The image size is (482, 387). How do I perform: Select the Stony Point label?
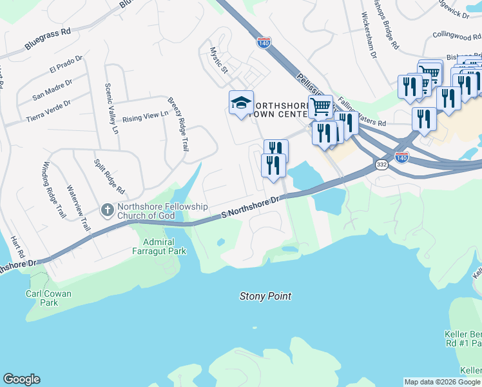[265, 297]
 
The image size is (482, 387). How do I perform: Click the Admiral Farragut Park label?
[159, 246]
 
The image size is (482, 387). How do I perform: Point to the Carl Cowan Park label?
[48, 298]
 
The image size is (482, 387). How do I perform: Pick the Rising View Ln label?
[145, 117]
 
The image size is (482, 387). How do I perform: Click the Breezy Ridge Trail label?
[178, 124]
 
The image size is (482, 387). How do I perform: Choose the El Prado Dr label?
[66, 67]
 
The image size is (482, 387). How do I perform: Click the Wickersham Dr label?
[369, 36]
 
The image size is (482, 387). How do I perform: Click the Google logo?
[21, 379]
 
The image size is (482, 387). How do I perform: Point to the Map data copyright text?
[442, 382]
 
